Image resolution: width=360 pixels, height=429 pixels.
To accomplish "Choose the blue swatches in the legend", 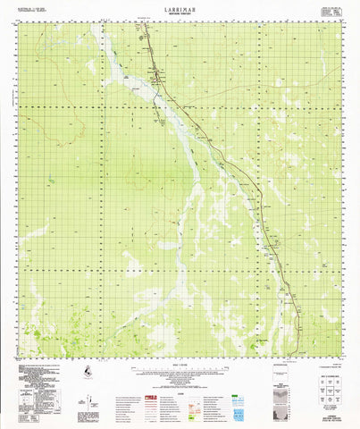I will (x=238, y=391).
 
